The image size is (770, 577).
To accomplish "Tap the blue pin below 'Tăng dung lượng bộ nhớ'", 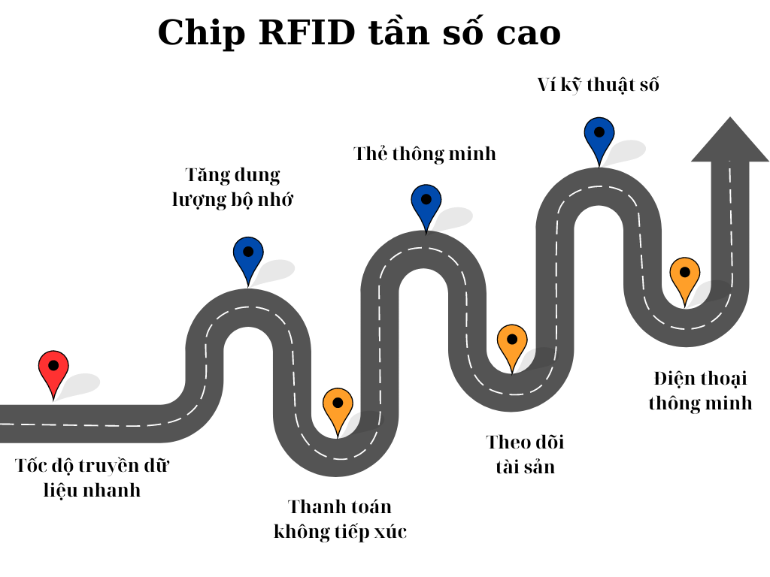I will coord(248,256).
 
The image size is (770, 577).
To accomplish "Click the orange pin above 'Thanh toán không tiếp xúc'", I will coord(338,408).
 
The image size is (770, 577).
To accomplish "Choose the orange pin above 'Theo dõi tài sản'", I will coord(512,344).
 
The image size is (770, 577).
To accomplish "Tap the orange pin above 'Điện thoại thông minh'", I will coord(685,277).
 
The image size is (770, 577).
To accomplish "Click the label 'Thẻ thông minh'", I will coord(425,153).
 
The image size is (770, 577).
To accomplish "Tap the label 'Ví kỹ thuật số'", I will coord(598,85).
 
